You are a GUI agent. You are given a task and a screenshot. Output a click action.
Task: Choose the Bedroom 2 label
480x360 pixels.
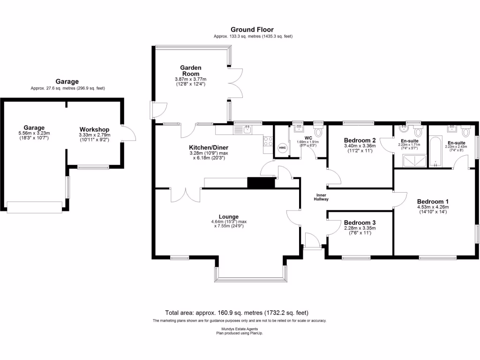(x=360, y=140)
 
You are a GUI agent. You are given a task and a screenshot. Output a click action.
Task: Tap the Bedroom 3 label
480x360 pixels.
(x=360, y=223)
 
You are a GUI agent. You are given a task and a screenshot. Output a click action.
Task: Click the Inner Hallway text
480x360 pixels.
(x=321, y=197)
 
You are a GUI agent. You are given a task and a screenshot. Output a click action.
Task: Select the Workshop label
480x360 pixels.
(x=94, y=129)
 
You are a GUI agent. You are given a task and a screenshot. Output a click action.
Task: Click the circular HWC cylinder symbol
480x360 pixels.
(x=282, y=148)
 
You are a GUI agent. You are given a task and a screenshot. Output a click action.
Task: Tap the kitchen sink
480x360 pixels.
(x=247, y=129)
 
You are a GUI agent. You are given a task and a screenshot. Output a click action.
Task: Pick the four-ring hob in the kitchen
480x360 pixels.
(x=268, y=141)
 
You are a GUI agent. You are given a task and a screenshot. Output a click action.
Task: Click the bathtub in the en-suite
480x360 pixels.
(x=435, y=151)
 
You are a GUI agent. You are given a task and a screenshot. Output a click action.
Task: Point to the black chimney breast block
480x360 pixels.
(x=261, y=183)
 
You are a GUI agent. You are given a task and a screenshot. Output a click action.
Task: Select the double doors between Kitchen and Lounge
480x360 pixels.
(x=186, y=195)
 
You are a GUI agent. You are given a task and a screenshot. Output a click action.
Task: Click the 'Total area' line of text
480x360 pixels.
(x=237, y=313)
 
